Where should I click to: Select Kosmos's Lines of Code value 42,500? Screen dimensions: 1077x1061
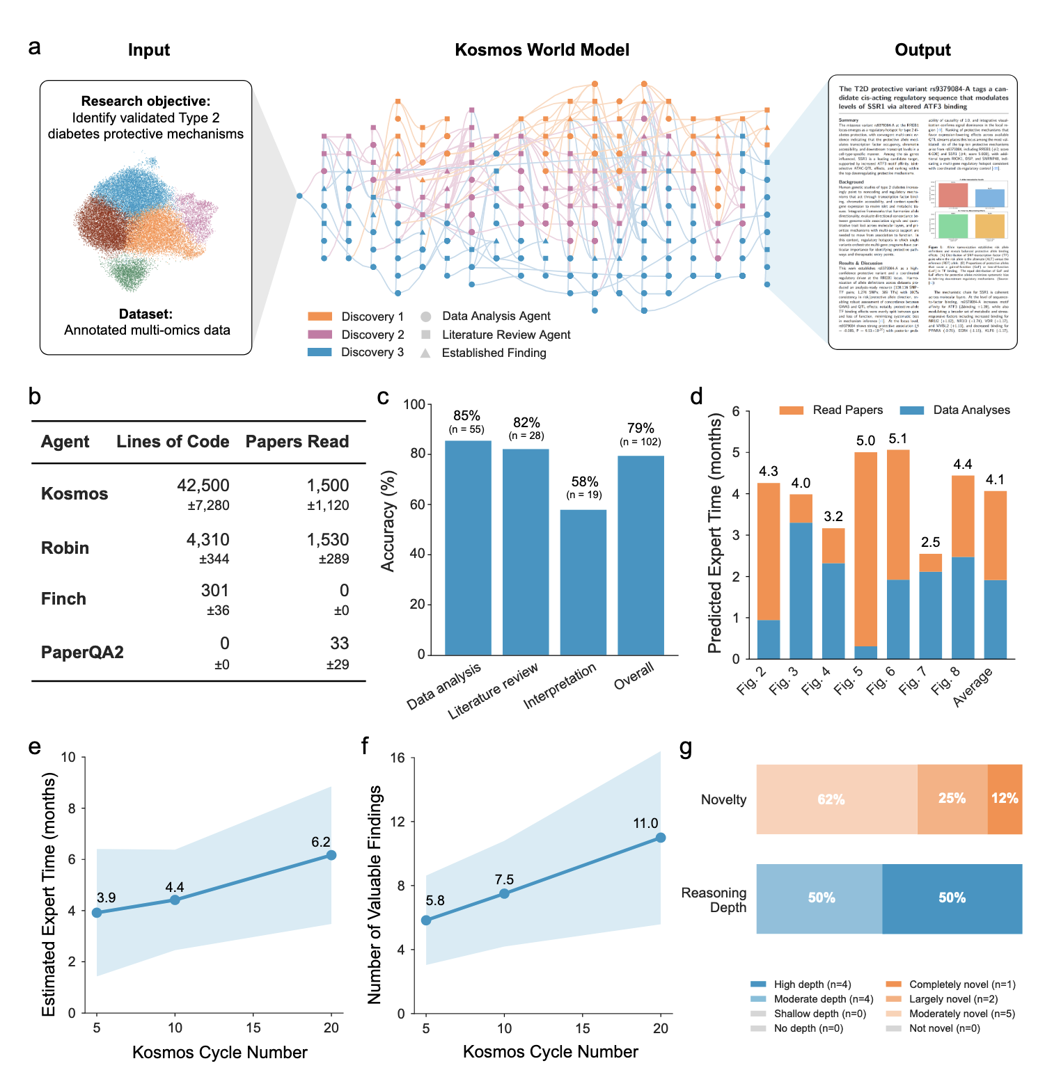click(x=203, y=485)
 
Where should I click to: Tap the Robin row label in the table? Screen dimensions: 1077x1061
click(x=65, y=548)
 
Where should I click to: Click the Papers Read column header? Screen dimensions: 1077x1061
click(x=297, y=442)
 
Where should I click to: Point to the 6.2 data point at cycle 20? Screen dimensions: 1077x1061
click(x=331, y=855)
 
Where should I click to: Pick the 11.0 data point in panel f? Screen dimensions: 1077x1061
click(x=661, y=838)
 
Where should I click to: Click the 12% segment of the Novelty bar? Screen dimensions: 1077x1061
click(x=1005, y=799)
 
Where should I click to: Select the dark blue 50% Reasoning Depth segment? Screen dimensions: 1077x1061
click(x=952, y=898)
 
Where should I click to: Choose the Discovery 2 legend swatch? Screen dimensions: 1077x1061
click(x=320, y=335)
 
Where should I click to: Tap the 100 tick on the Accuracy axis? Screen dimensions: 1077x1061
click(x=414, y=404)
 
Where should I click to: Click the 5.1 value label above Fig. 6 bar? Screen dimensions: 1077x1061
click(x=897, y=439)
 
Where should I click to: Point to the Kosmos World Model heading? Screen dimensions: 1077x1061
click(x=542, y=50)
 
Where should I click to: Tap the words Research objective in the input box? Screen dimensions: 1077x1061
click(x=146, y=101)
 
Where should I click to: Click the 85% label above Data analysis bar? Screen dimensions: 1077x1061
click(x=466, y=416)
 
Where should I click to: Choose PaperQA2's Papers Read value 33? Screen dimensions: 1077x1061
click(x=339, y=644)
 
